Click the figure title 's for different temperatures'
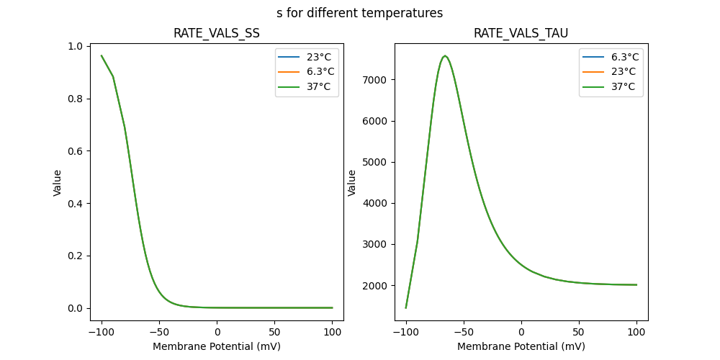click(359, 13)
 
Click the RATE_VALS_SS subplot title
click(217, 34)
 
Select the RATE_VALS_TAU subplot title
click(521, 34)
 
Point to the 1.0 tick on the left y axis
click(74, 47)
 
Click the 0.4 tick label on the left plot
click(74, 204)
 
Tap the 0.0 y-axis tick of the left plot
click(74, 308)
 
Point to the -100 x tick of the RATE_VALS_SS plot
click(102, 332)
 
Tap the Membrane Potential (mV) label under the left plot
click(217, 346)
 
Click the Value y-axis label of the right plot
click(352, 183)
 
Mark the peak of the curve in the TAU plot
click(445, 55)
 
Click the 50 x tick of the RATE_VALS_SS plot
click(275, 332)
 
